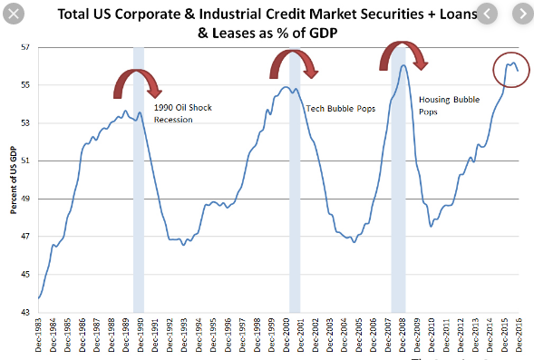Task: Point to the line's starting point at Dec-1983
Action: coord(39,297)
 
